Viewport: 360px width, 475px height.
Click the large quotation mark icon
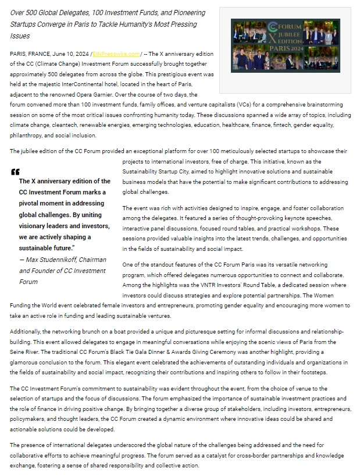pyautogui.click(x=15, y=172)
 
